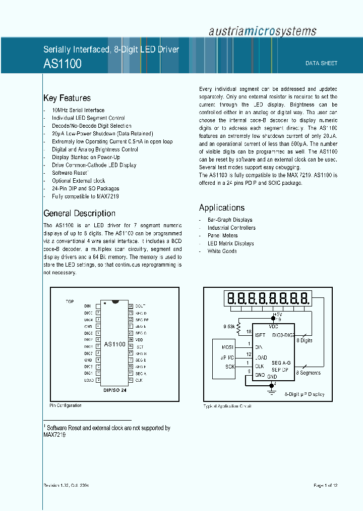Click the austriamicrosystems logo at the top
pyautogui.click(x=263, y=31)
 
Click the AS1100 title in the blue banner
pyautogui.click(x=63, y=64)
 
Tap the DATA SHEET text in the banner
pyautogui.click(x=321, y=64)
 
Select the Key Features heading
pyautogui.click(x=67, y=98)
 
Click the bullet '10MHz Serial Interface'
pyautogui.click(x=78, y=110)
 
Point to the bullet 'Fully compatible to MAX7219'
pyautogui.click(x=85, y=196)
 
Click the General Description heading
pyautogui.click(x=79, y=213)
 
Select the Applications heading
pyautogui.click(x=222, y=208)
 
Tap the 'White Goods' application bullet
pyautogui.click(x=222, y=251)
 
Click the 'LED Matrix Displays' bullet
pyautogui.click(x=230, y=243)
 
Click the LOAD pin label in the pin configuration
pyautogui.click(x=89, y=380)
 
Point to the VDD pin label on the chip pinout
pyautogui.click(x=139, y=340)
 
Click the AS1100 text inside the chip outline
pyautogui.click(x=114, y=344)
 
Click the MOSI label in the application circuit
pyautogui.click(x=228, y=347)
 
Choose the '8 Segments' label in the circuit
pyautogui.click(x=309, y=373)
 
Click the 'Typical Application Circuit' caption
pyautogui.click(x=227, y=406)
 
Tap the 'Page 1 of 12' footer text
pyautogui.click(x=325, y=485)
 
